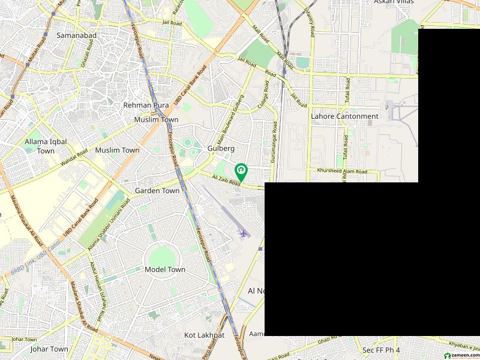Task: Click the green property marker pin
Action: (x=241, y=172)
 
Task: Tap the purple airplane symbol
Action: (x=244, y=232)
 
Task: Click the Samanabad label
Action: (x=76, y=35)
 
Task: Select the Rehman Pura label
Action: (x=146, y=105)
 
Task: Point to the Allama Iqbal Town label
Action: (x=46, y=146)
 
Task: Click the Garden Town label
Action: (x=157, y=191)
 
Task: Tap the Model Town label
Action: (x=165, y=270)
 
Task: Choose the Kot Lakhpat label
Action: (x=204, y=335)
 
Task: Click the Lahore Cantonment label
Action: (x=344, y=116)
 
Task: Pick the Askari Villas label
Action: (x=394, y=2)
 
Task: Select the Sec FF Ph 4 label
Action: (x=381, y=350)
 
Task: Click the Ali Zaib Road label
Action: (x=226, y=181)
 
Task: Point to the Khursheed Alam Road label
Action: (x=341, y=172)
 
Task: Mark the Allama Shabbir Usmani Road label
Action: (x=109, y=224)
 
